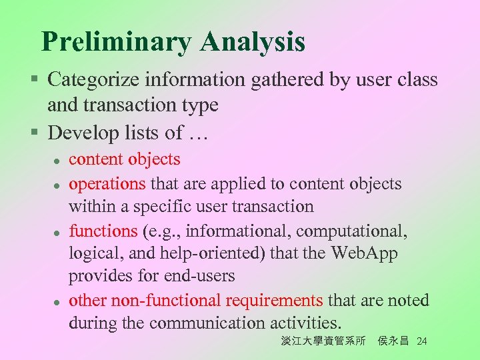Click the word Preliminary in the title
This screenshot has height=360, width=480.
[115, 43]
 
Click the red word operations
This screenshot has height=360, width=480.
[107, 183]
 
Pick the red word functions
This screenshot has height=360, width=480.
[103, 231]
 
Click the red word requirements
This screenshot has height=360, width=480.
[274, 300]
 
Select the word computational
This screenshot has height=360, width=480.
[351, 231]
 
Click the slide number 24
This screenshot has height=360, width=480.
[421, 342]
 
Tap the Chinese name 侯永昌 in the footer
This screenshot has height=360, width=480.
[393, 341]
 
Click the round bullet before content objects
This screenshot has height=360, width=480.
[59, 161]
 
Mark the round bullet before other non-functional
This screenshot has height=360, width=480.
[59, 301]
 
